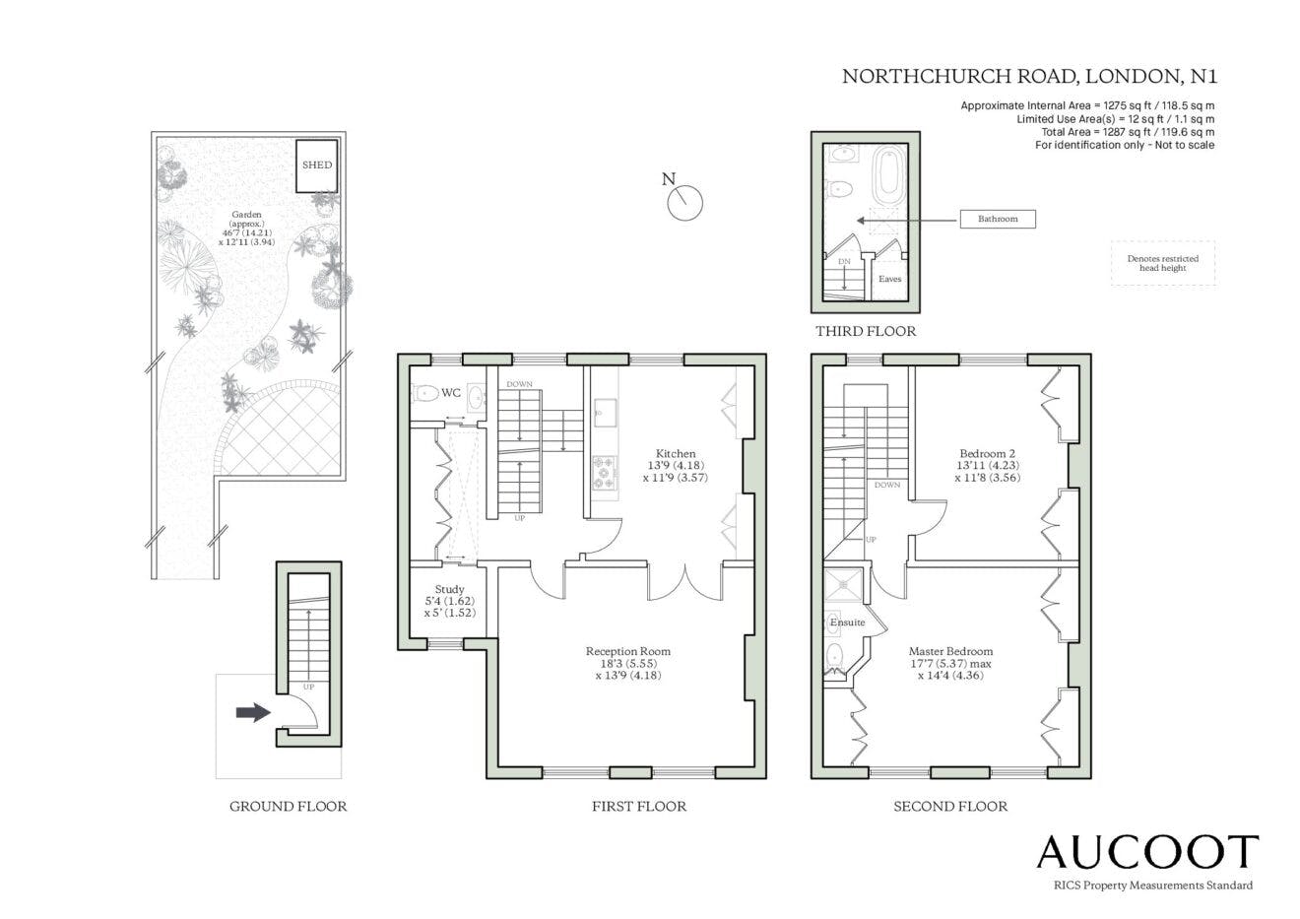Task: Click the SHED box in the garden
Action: click(x=316, y=165)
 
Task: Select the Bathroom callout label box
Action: click(x=998, y=219)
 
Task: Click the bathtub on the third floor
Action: click(x=888, y=175)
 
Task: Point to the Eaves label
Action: click(x=889, y=279)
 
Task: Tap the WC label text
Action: click(x=451, y=393)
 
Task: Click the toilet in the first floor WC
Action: click(x=426, y=394)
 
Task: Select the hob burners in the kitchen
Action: click(x=604, y=472)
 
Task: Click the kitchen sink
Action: click(x=604, y=413)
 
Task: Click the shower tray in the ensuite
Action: click(x=843, y=585)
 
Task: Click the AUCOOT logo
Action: click(x=1147, y=852)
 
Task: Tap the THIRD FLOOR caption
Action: click(x=866, y=332)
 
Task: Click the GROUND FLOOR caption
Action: click(x=288, y=807)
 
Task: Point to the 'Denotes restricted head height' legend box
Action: click(x=1163, y=263)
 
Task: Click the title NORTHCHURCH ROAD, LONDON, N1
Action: click(x=1029, y=77)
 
